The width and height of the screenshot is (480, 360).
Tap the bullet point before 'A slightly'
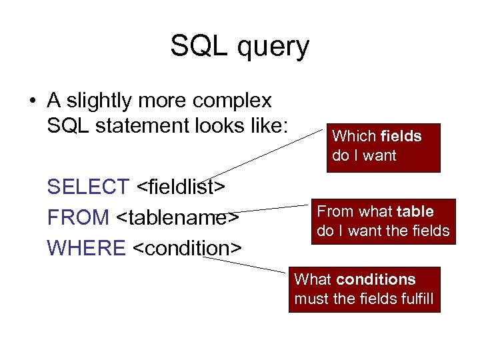[x=32, y=102]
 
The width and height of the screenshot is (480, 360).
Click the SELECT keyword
[x=88, y=187]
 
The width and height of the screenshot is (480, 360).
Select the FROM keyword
[x=78, y=217]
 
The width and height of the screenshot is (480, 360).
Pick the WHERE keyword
[x=86, y=248]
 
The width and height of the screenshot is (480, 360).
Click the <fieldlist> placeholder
[x=179, y=187]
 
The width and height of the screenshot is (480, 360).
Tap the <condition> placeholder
[x=187, y=248]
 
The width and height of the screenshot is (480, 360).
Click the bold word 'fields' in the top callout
[x=401, y=137]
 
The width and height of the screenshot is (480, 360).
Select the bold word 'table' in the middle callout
[x=415, y=212]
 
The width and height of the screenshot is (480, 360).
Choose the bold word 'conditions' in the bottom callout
[x=376, y=280]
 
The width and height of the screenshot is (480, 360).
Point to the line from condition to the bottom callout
[x=247, y=265]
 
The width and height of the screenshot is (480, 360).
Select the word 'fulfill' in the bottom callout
[x=413, y=299]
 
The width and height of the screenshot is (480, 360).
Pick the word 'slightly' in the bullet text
[x=99, y=101]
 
